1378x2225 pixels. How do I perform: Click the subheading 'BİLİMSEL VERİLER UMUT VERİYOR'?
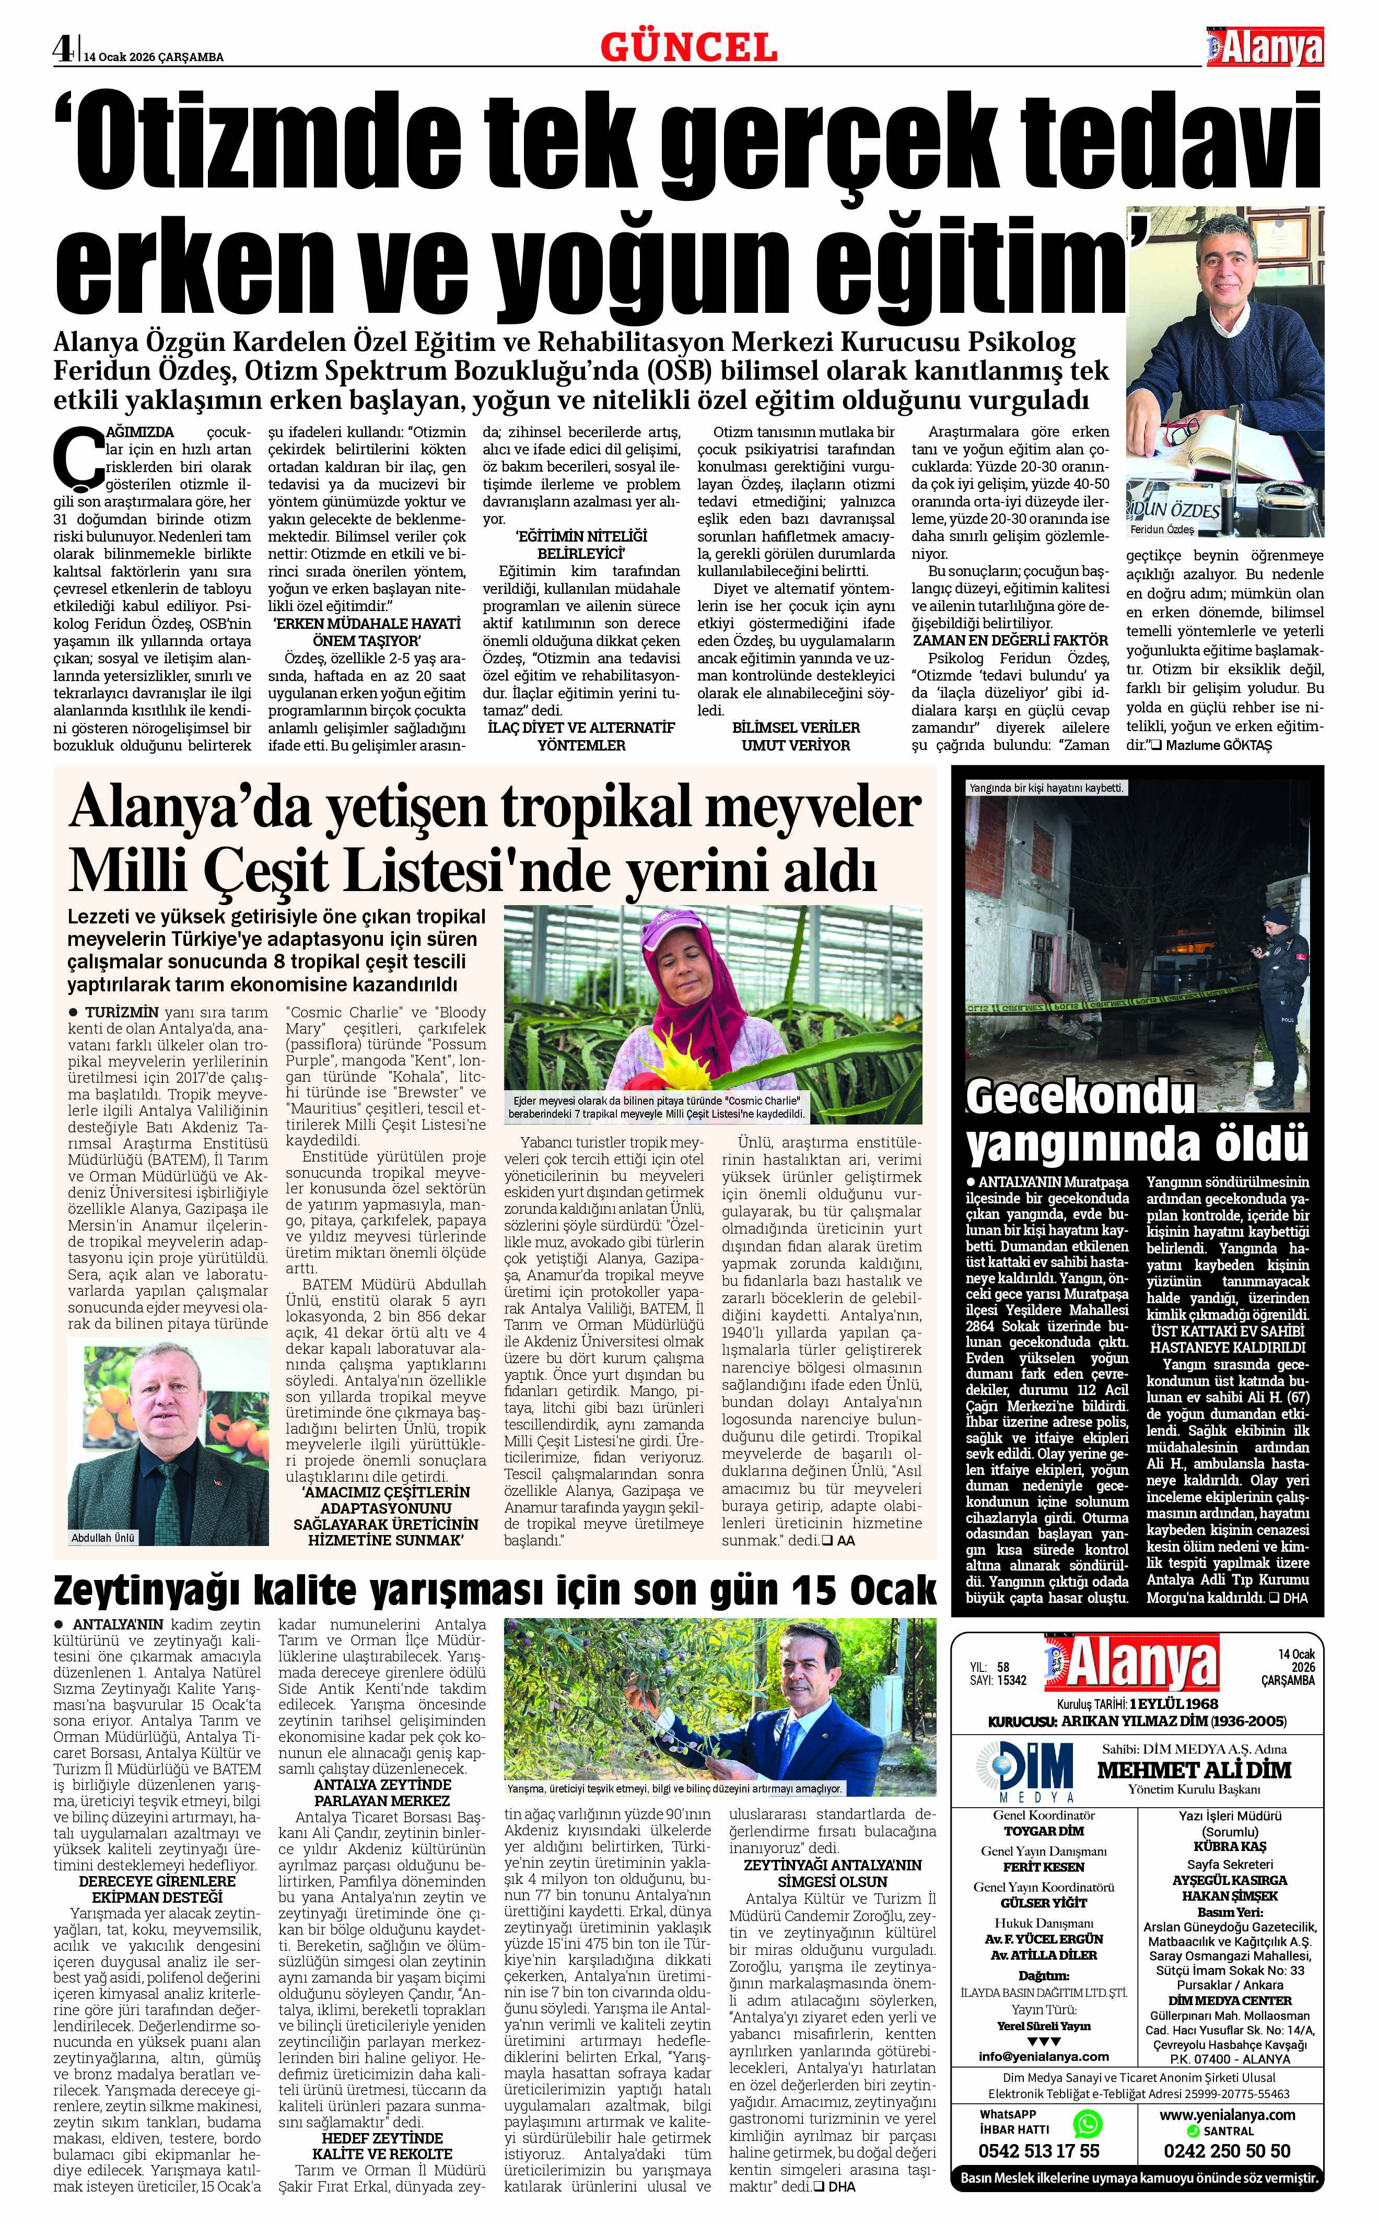(796, 736)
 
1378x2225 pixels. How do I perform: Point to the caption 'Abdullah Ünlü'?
(104, 1537)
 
